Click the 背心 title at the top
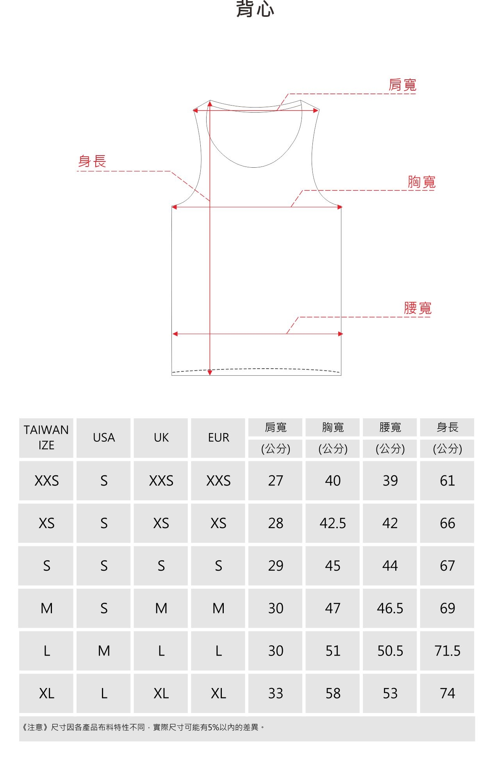click(255, 9)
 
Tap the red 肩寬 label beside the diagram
click(402, 85)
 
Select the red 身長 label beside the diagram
click(92, 161)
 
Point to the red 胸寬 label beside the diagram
click(421, 182)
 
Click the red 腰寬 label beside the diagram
click(417, 308)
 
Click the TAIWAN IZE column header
click(46, 437)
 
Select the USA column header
click(103, 437)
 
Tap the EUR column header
click(218, 437)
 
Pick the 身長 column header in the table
click(447, 427)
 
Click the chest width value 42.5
click(333, 523)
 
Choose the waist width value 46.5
click(390, 608)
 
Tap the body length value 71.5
click(447, 651)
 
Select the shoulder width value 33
click(275, 693)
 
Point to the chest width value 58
click(333, 693)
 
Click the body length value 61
click(447, 480)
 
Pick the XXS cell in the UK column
click(161, 480)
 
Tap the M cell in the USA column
click(103, 651)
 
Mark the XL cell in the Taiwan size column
click(46, 693)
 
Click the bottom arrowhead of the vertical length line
click(210, 373)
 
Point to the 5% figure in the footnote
click(213, 727)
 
